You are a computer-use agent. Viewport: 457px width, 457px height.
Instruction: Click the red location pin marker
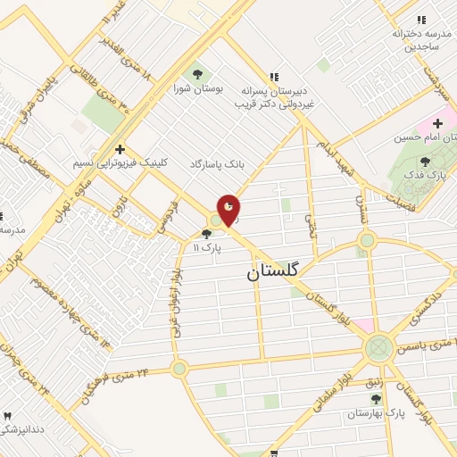pos(228,209)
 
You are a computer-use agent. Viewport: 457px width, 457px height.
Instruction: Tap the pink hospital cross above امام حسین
pos(438,123)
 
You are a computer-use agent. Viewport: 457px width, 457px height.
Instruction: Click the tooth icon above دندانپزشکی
pos(8,416)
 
